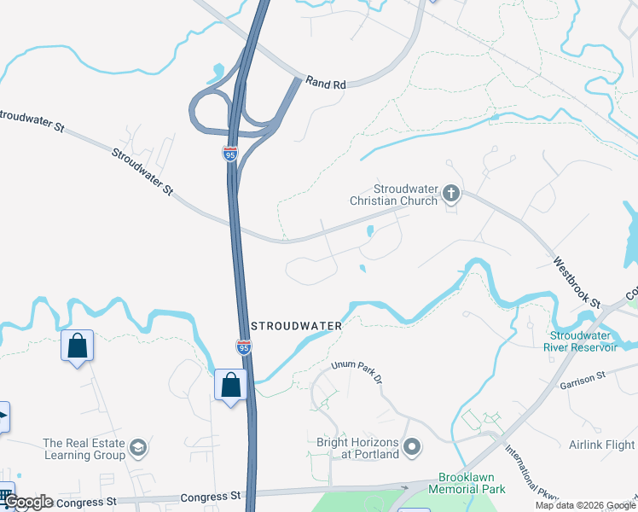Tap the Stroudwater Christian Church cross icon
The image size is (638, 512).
point(450,195)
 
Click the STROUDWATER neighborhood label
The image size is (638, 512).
point(297,326)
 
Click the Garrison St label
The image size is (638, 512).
point(583,381)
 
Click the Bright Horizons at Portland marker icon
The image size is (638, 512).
point(413,447)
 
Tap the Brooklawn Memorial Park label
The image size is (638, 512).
point(471,483)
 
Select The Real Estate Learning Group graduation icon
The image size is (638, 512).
point(137,447)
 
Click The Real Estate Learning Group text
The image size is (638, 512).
point(84,449)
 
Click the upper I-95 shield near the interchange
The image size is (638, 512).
point(229,154)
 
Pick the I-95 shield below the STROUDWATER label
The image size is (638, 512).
point(243,346)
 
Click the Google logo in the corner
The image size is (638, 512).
point(27,502)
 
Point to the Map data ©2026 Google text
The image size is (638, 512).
point(585,505)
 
